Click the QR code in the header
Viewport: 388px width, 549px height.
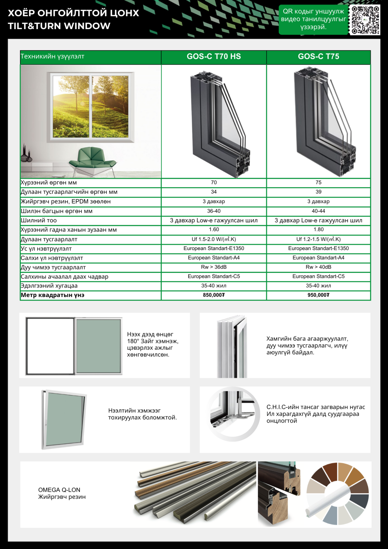pos(365,20)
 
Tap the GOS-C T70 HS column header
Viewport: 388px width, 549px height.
pos(214,57)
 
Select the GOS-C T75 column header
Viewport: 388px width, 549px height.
pos(318,57)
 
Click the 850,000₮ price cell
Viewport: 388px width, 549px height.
pos(214,295)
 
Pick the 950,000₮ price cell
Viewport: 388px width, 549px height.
pos(318,295)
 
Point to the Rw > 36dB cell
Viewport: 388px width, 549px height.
pos(214,267)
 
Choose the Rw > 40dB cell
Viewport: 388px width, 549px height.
pos(318,267)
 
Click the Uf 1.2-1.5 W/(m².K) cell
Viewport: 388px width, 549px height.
pos(318,239)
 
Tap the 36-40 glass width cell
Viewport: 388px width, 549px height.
pos(214,211)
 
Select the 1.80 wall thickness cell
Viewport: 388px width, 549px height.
pos(318,230)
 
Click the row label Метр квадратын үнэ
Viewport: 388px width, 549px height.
pos(53,295)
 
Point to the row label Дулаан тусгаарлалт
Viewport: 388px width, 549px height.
pos(49,239)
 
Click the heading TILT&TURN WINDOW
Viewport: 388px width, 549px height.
pos(59,26)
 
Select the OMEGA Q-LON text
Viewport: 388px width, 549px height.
pos(59,490)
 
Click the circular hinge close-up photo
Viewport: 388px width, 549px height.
pos(234,414)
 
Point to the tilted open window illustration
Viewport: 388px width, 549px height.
pos(64,420)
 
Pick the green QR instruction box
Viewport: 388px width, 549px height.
pos(313,19)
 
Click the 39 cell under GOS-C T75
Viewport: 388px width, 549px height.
pos(318,192)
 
